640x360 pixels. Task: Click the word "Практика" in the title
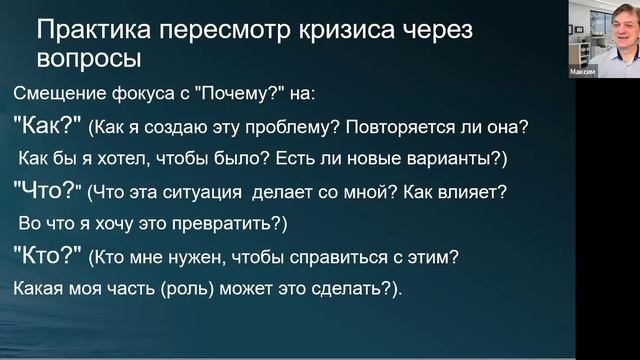click(x=86, y=31)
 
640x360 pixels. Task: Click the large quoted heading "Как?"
click(x=47, y=128)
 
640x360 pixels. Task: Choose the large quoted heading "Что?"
click(x=47, y=187)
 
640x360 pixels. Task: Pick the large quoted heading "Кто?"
click(x=47, y=255)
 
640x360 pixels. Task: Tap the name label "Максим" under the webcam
click(x=583, y=71)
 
